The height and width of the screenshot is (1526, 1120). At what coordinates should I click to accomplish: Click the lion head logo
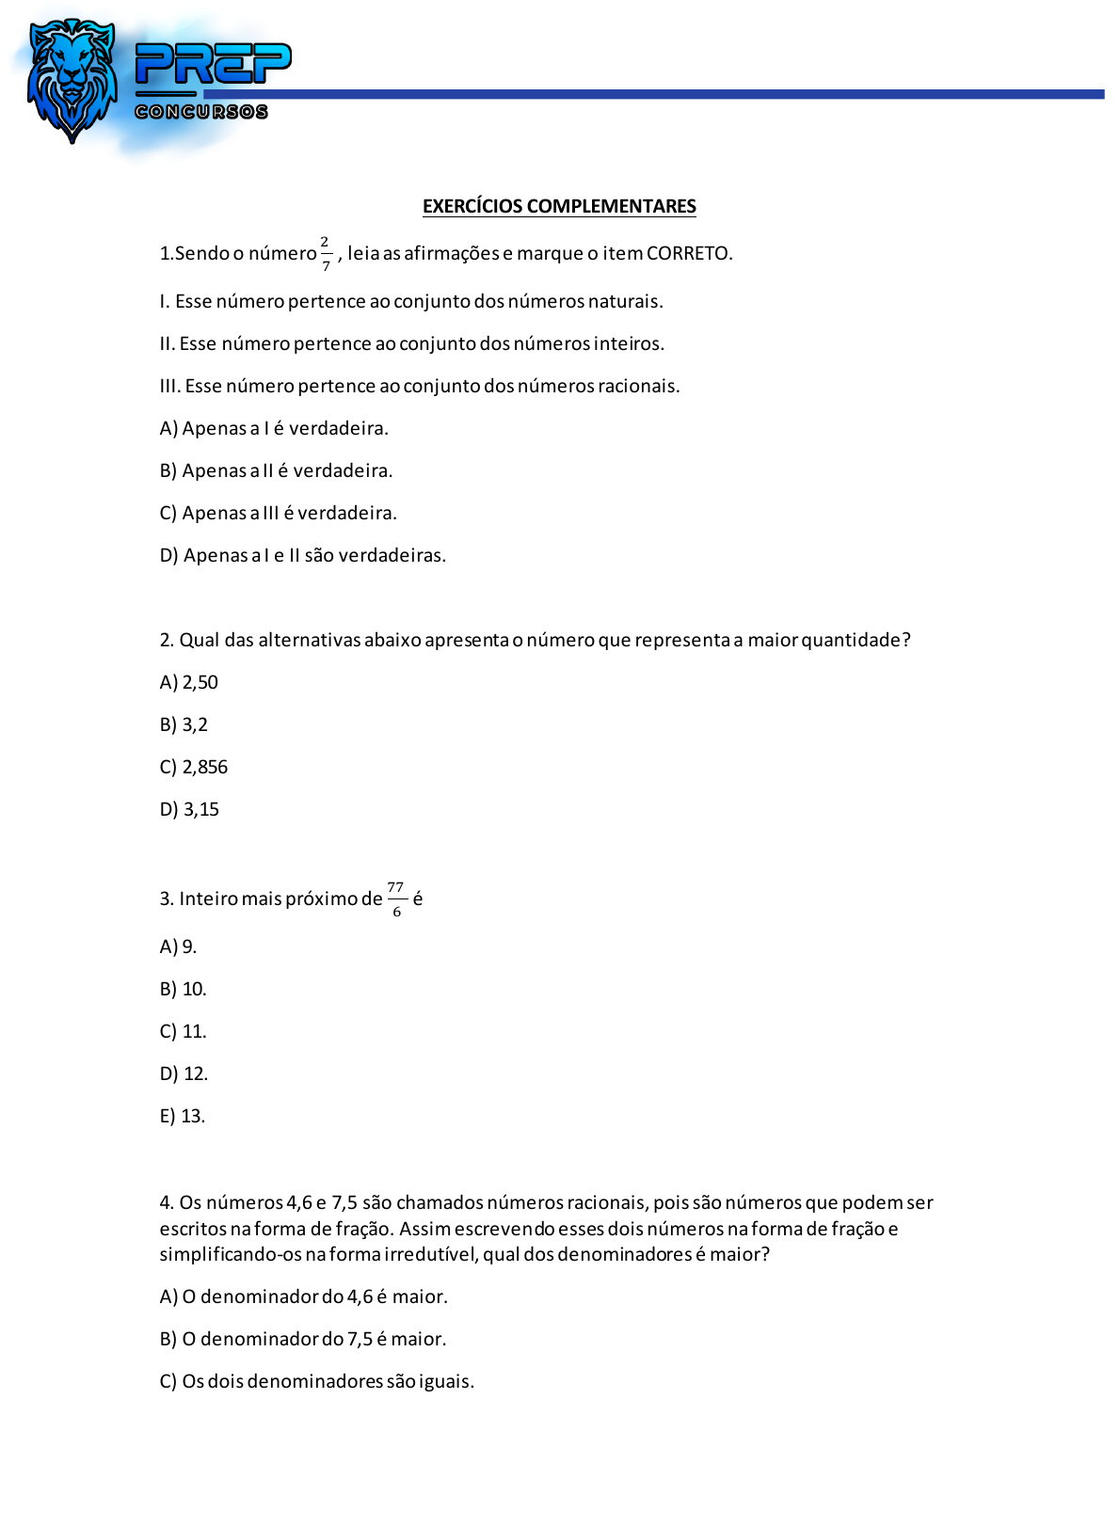coord(72,79)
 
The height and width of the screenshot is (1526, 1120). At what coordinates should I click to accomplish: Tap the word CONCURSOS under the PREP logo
coord(201,112)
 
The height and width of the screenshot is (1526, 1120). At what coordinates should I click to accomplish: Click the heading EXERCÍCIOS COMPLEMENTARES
coord(559,206)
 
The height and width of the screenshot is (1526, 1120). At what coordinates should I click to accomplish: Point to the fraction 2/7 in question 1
coord(326,254)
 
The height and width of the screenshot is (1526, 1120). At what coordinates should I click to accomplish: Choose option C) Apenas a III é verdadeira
coord(278,513)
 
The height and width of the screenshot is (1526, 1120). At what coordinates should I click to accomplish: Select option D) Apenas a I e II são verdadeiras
coord(302,555)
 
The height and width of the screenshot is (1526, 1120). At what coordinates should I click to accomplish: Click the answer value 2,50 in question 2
coord(200,682)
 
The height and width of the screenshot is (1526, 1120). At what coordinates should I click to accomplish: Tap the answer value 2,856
coord(205,767)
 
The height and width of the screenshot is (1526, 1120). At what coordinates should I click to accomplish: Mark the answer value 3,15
coord(201,809)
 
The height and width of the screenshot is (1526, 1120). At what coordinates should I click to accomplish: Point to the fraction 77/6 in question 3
coord(396,899)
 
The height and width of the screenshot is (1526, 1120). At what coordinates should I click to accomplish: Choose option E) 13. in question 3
coord(183,1116)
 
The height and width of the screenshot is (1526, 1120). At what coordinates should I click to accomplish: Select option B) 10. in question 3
coord(184,989)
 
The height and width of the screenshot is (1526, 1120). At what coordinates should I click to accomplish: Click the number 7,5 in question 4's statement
coord(344,1202)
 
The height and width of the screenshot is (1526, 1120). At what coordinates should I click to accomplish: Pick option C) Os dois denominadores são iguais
coord(316,1381)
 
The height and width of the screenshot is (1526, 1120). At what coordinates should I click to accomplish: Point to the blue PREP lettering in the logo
coord(213,64)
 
